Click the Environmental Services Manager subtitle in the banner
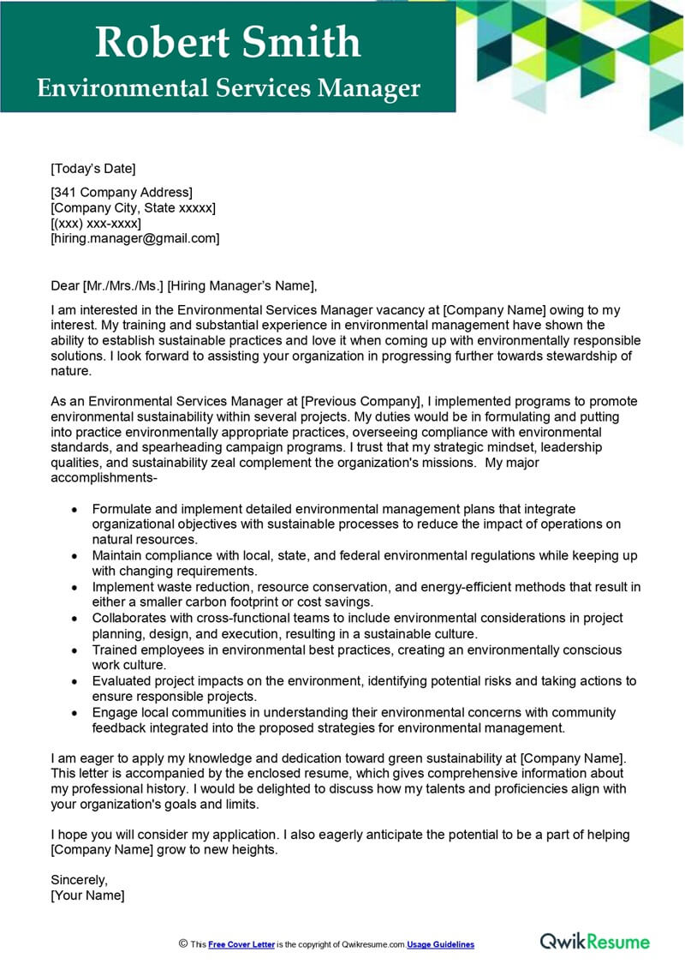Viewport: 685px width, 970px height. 228,88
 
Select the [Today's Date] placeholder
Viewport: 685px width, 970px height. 93,169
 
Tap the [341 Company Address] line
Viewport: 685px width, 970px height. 122,193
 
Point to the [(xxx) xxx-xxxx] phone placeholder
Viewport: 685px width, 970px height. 96,224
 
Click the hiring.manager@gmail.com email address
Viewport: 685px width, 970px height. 135,239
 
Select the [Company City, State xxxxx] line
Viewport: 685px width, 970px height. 133,208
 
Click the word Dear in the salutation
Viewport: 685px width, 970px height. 65,286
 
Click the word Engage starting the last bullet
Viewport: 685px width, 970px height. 114,713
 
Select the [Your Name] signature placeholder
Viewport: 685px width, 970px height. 87,895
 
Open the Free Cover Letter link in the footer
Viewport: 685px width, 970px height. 241,944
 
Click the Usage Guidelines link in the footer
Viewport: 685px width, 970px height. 440,944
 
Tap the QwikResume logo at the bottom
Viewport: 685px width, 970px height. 595,942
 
